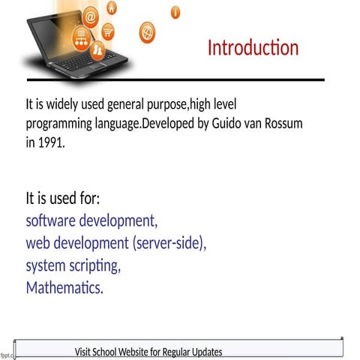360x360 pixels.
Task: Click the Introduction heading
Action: [x=253, y=48]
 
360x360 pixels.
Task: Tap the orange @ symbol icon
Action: [x=91, y=15]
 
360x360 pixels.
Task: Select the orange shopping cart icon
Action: [x=109, y=31]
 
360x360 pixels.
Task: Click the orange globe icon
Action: [x=148, y=32]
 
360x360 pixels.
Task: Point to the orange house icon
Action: [x=112, y=8]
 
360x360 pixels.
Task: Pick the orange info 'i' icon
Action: [x=175, y=12]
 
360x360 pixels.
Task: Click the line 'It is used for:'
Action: [x=63, y=199]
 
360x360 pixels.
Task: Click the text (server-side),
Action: [x=169, y=244]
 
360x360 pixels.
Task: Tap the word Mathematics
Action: [x=64, y=287]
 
